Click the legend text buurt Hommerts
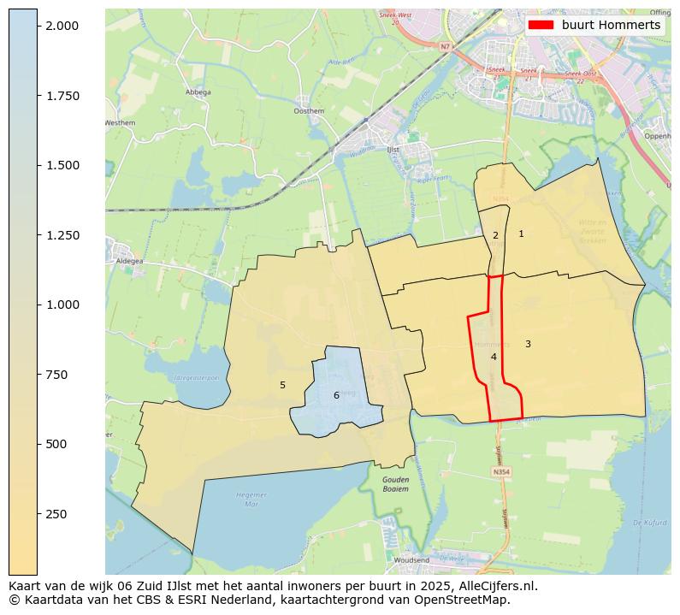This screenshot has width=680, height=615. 611,26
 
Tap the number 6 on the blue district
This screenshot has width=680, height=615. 336,395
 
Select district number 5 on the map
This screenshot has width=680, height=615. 282,386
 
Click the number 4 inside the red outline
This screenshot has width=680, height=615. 494,357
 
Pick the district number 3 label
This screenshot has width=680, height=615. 528,344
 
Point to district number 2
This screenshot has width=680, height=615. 495,235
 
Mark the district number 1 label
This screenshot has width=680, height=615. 521,234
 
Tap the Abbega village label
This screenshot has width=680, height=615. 198,92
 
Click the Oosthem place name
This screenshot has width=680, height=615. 308,111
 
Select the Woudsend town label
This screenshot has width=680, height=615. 412,560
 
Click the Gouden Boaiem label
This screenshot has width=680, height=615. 395,484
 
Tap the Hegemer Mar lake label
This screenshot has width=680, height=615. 251,498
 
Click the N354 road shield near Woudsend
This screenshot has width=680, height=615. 501,471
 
